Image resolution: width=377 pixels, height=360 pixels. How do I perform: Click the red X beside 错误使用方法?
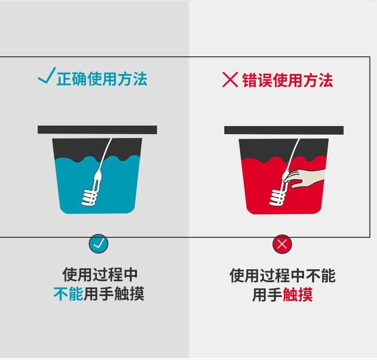[x=230, y=79]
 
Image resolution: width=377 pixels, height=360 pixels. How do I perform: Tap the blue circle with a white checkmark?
[x=98, y=244]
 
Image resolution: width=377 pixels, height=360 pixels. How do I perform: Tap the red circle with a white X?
[x=282, y=244]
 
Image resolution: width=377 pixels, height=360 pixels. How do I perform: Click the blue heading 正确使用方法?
[x=102, y=79]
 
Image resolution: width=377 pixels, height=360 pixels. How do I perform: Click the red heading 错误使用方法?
[x=288, y=80]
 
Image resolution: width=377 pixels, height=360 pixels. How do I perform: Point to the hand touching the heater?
[x=304, y=178]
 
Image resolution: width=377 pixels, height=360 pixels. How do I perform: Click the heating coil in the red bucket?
[x=278, y=198]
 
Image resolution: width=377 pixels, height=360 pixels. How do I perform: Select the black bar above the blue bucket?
[x=97, y=130]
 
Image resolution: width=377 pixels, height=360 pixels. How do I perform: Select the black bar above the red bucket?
[x=284, y=130]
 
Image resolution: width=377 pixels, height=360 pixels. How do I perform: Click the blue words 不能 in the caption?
[x=68, y=294]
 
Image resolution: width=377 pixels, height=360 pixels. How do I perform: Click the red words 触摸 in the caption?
[x=297, y=295]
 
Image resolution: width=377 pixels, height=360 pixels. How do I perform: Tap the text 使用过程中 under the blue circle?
[x=100, y=275]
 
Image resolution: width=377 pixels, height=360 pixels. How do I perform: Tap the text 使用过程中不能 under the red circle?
[x=283, y=275]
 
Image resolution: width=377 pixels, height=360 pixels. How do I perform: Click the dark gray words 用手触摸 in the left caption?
[x=114, y=294]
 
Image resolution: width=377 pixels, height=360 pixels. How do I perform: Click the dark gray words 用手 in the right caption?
[x=267, y=295]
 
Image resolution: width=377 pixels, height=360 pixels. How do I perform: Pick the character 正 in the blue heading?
[x=64, y=79]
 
